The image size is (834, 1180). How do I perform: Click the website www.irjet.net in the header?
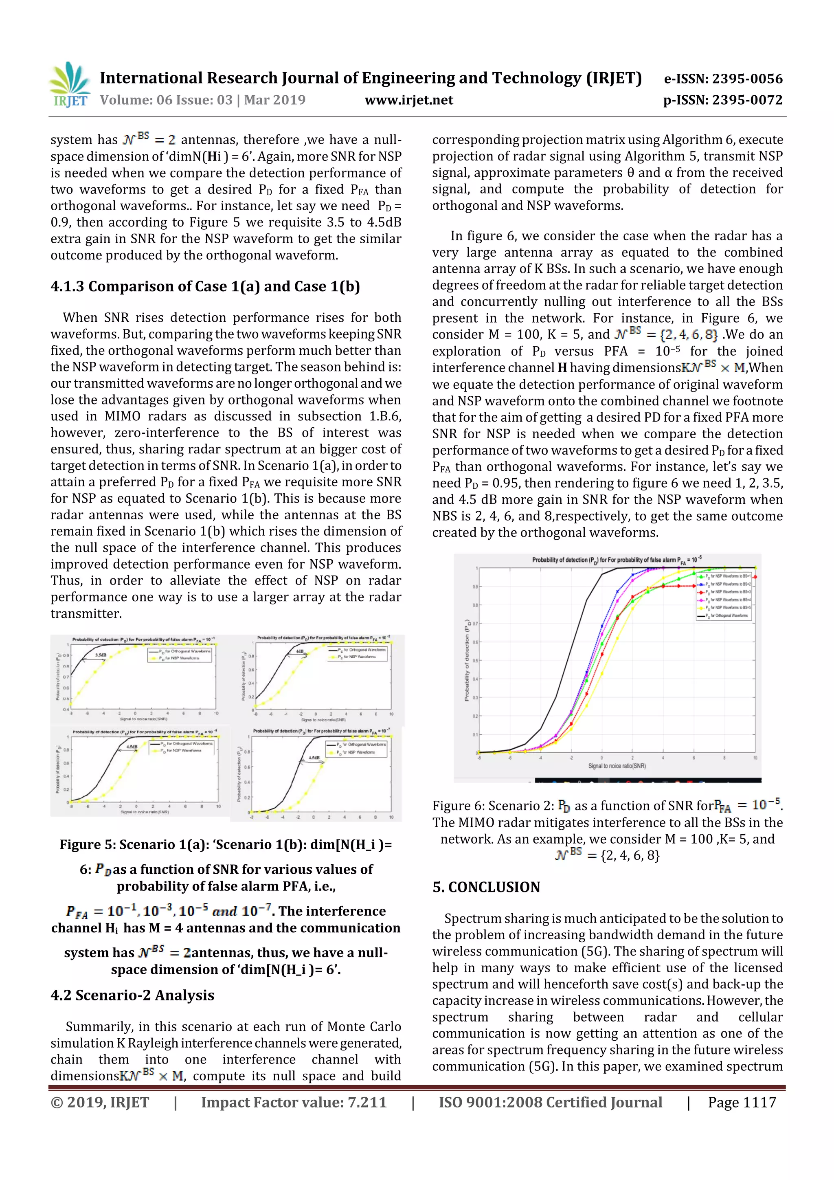point(408,100)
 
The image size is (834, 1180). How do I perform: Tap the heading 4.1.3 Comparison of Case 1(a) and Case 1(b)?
point(205,286)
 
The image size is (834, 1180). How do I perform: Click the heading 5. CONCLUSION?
point(486,887)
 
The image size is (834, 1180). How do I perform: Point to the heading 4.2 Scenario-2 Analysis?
point(132,995)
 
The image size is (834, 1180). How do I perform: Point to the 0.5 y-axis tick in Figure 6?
point(475,661)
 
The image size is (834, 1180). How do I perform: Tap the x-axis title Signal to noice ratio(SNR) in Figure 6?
point(617,766)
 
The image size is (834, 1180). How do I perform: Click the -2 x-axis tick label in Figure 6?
point(571,758)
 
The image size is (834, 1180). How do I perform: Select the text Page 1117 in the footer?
point(742,1102)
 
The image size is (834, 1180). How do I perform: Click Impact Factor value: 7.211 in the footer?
point(294,1102)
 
